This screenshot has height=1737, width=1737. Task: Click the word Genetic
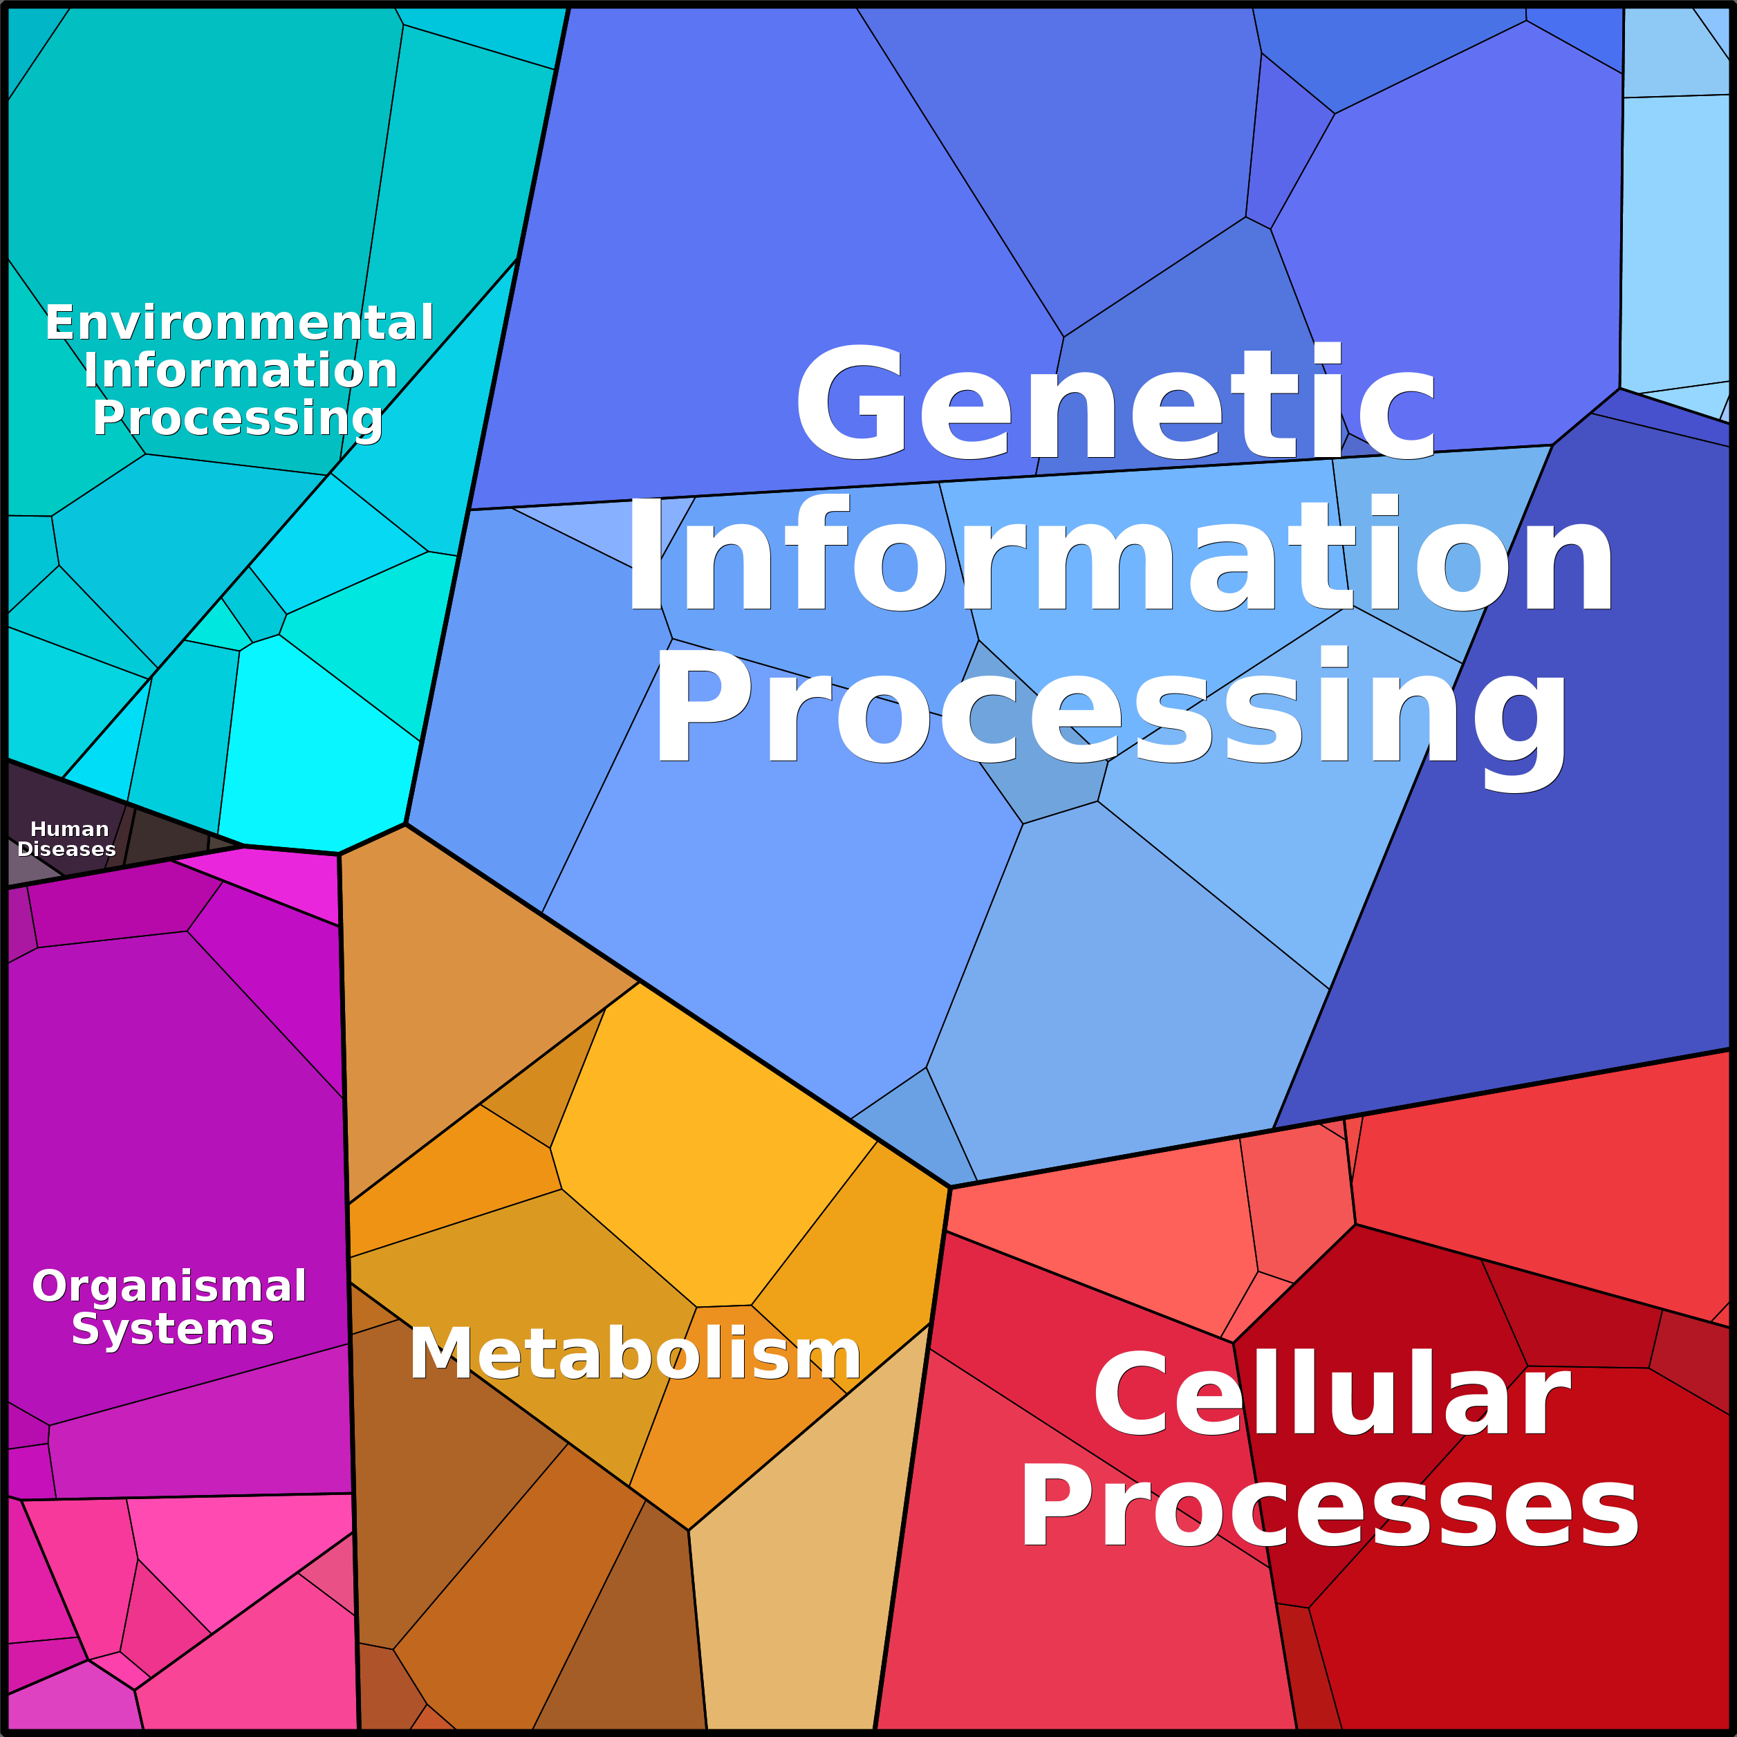[1115, 405]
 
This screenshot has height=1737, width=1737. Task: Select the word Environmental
[239, 323]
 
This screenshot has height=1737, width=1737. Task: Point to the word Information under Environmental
[240, 371]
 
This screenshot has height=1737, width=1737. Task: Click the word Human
[69, 829]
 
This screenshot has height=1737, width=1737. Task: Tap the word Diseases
[66, 850]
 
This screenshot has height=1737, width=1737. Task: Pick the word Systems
[173, 1329]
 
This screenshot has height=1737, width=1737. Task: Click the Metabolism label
[635, 1354]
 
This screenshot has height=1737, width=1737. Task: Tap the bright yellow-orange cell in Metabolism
[710, 1142]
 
